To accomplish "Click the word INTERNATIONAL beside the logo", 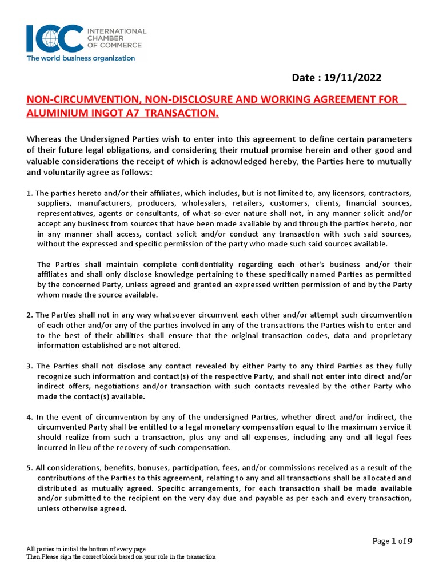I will click(117, 31).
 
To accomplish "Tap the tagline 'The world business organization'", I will click(81, 58).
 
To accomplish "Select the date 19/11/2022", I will click(353, 78).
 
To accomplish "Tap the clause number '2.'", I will click(30, 315).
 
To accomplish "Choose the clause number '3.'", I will click(30, 366).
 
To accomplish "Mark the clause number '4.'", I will click(30, 417).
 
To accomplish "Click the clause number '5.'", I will click(30, 468).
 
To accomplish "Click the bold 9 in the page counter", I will click(409, 541).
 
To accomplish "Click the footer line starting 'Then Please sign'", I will click(121, 557).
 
